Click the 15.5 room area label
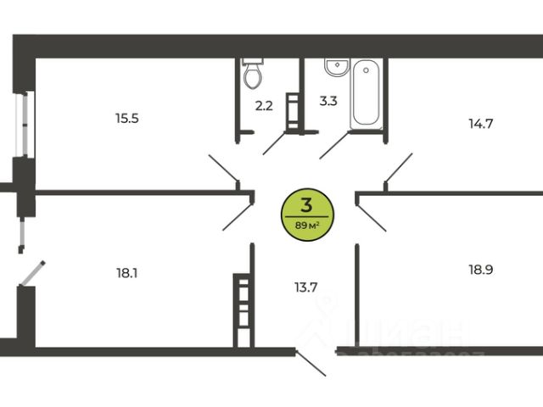coord(126,118)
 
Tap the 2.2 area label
coord(262,106)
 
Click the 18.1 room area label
coord(126,273)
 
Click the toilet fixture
coord(252,75)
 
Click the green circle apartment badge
coord(306,215)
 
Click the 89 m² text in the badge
coord(306,226)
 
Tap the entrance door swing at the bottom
coord(311,362)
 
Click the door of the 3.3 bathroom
coord(333,145)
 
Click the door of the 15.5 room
coord(224,169)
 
